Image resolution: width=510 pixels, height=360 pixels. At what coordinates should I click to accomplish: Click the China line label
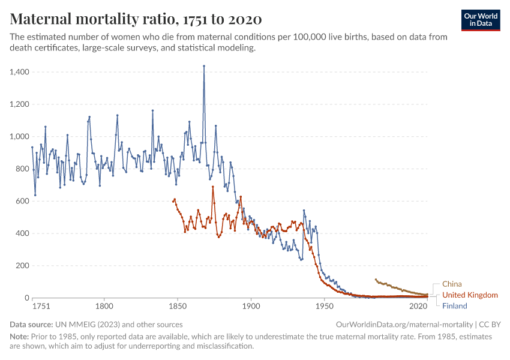452,284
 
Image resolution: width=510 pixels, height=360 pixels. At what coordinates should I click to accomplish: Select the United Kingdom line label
470,295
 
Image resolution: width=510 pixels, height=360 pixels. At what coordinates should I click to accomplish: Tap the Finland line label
455,305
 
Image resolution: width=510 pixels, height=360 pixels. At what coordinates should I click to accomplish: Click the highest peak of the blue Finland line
204,66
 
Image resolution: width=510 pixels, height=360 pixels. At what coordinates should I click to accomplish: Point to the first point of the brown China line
376,280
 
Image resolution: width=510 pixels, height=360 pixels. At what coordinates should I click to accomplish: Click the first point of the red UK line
173,201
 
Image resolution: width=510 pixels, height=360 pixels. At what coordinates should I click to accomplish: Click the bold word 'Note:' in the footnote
20,337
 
